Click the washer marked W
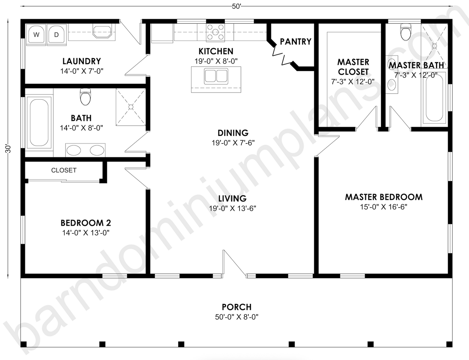tap(36, 34)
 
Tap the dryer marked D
tap(56, 34)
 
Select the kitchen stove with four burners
tap(215, 32)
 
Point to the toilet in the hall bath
tap(85, 97)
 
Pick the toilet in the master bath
tap(405, 32)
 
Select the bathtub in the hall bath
tap(39, 122)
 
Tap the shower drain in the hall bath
tap(131, 107)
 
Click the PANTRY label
tap(295, 42)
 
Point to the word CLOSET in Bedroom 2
tap(64, 170)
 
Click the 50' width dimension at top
tap(236, 6)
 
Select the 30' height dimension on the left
tap(8, 149)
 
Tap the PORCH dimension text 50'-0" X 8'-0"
tap(237, 317)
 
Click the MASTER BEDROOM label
tap(384, 197)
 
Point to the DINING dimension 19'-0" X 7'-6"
tap(233, 143)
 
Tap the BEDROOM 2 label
tap(86, 223)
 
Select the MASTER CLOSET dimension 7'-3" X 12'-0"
tap(353, 82)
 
